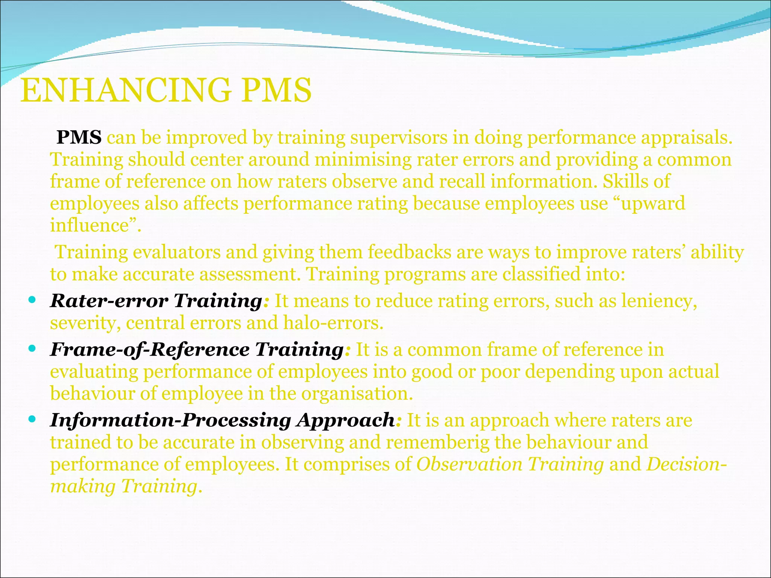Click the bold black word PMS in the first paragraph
[79, 137]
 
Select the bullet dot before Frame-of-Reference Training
[32, 349]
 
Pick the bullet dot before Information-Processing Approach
[32, 419]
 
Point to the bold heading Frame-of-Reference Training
[197, 349]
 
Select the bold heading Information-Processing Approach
[222, 420]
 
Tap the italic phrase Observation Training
[510, 464]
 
